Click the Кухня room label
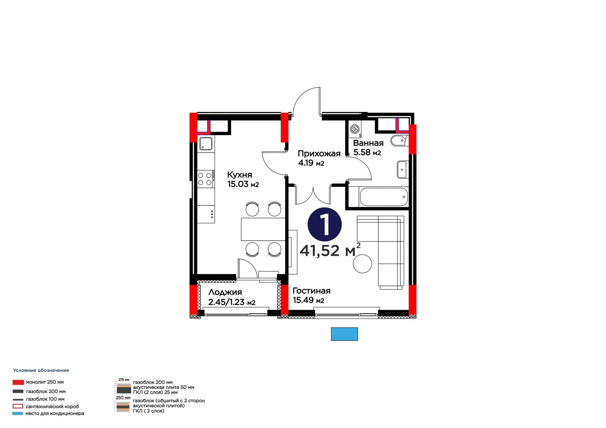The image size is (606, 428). coord(239,175)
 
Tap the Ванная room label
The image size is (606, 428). coord(368,143)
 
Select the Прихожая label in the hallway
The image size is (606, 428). coord(319,154)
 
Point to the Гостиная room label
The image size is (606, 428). coord(311,291)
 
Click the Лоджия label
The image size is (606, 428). coord(225,292)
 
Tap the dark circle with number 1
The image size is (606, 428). coord(324,225)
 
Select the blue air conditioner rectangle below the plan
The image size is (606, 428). coord(344,334)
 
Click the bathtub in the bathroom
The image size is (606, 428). coord(384,198)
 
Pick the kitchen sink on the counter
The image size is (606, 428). coord(206,143)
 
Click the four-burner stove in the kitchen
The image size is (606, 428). coord(206,179)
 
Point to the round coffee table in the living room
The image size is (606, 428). coord(362,264)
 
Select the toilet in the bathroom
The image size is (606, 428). coord(399,141)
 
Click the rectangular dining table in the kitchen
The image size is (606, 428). coord(263,229)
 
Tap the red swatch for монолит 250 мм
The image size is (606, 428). coord(18,382)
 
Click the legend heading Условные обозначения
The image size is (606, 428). coord(41,370)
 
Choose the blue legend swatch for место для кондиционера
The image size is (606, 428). coord(17,414)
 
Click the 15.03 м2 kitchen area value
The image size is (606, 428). coord(243,184)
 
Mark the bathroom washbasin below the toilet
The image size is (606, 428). coord(403,170)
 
